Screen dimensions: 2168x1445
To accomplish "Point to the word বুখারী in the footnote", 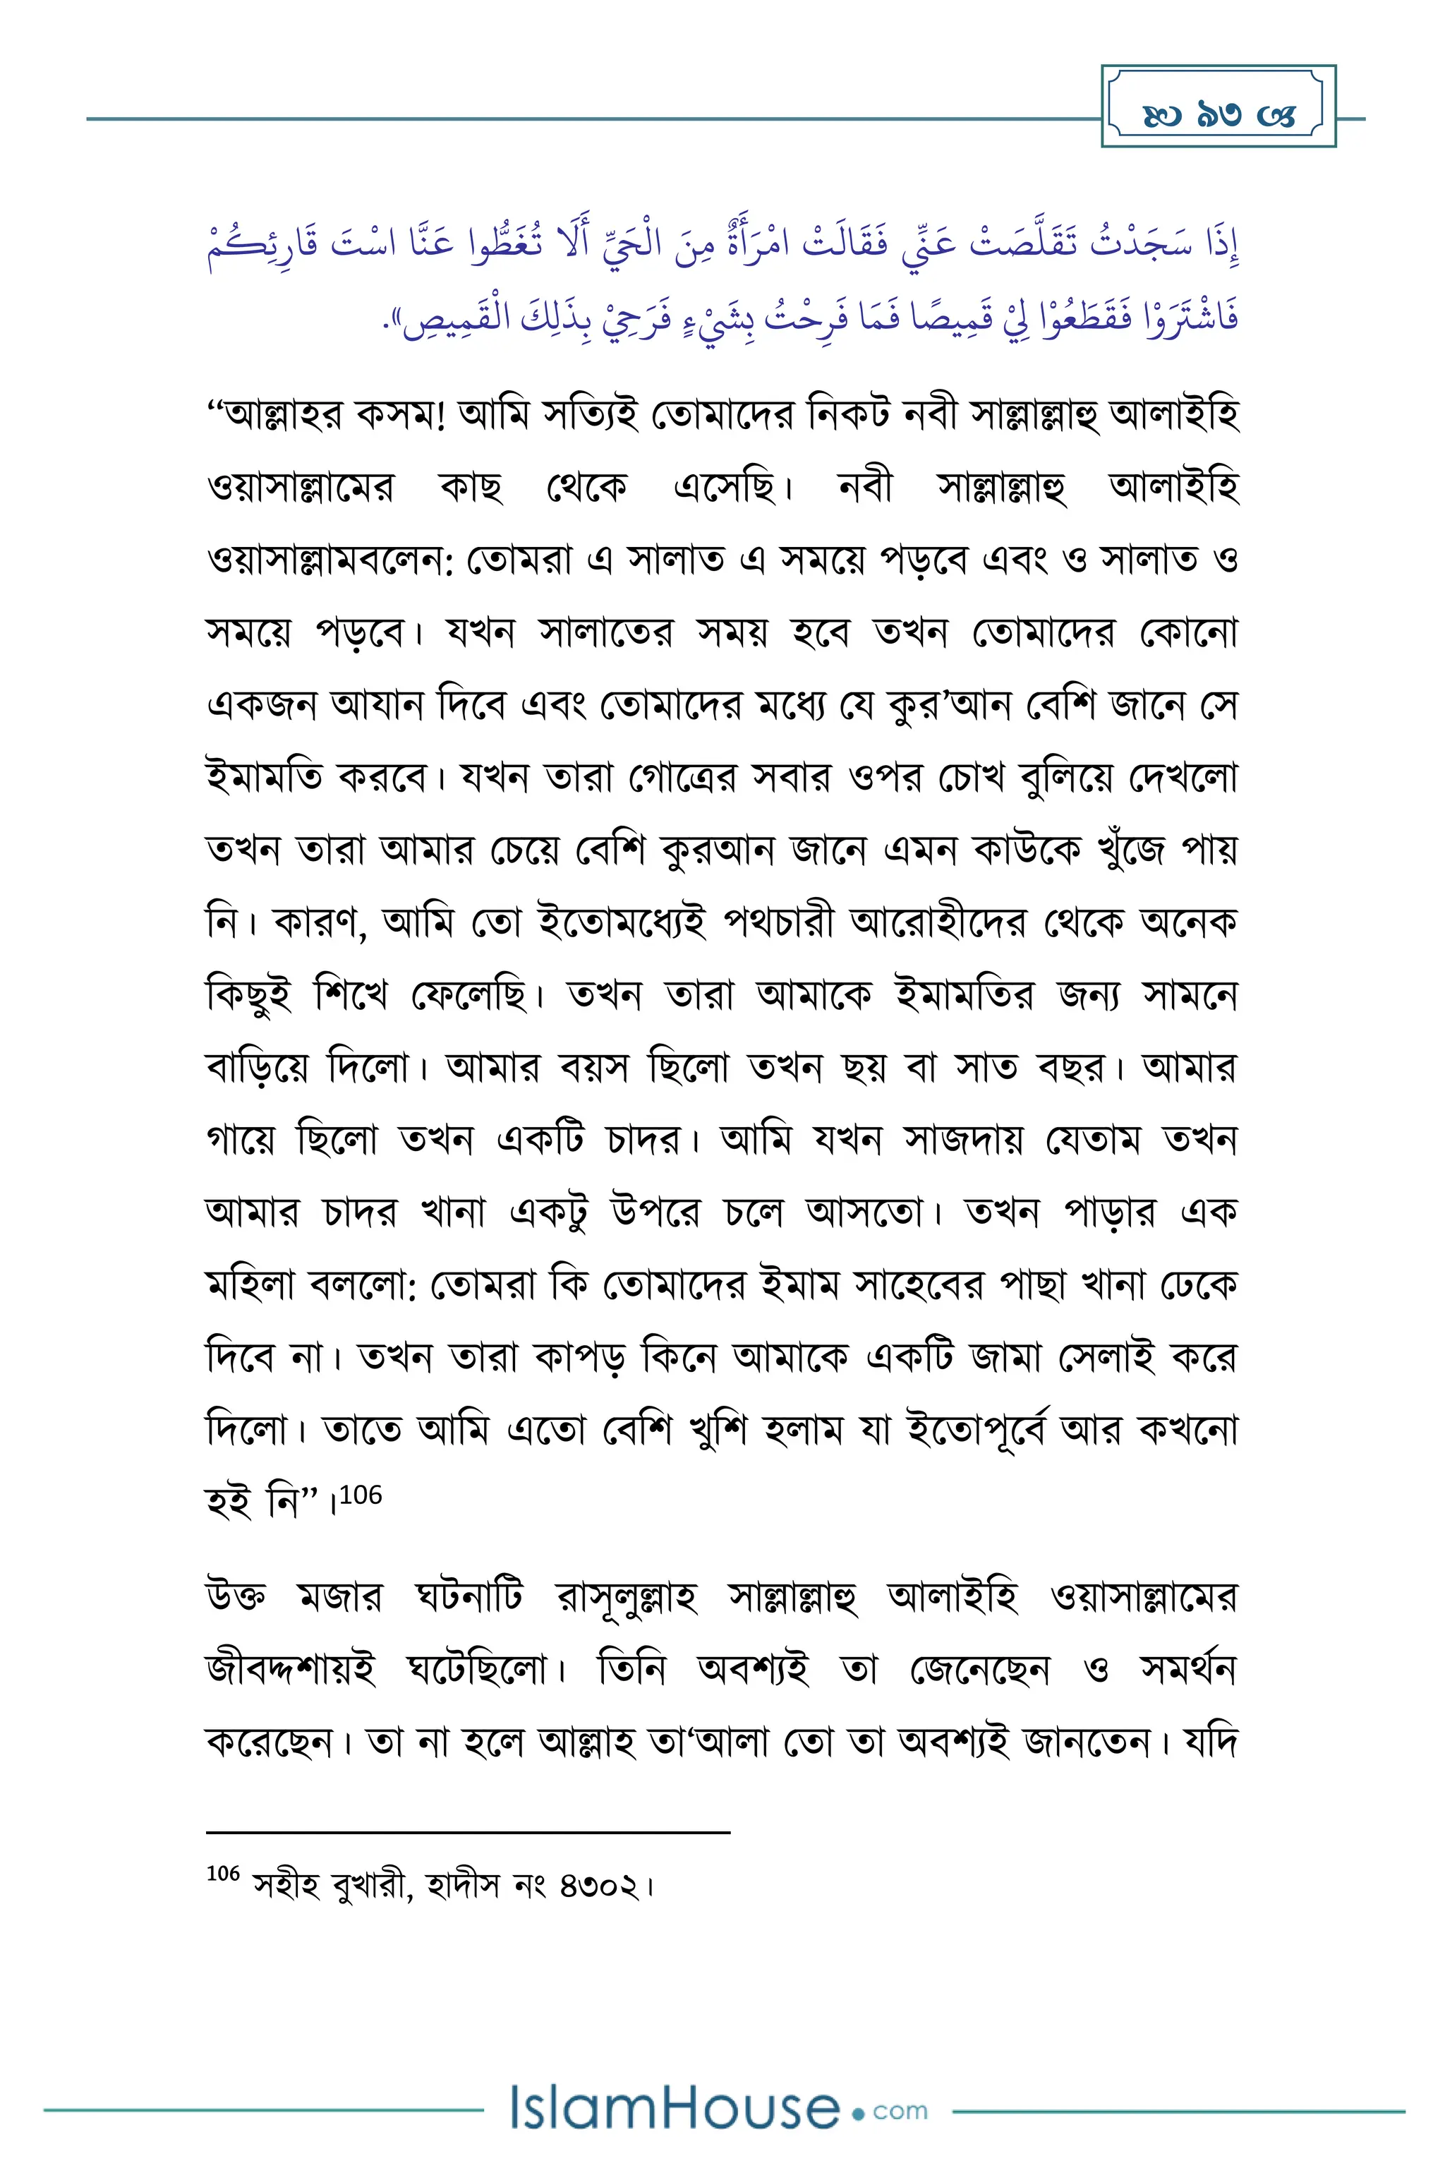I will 367,1886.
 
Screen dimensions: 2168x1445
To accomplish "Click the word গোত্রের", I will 683,777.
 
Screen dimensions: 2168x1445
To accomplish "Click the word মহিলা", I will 252,1285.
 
